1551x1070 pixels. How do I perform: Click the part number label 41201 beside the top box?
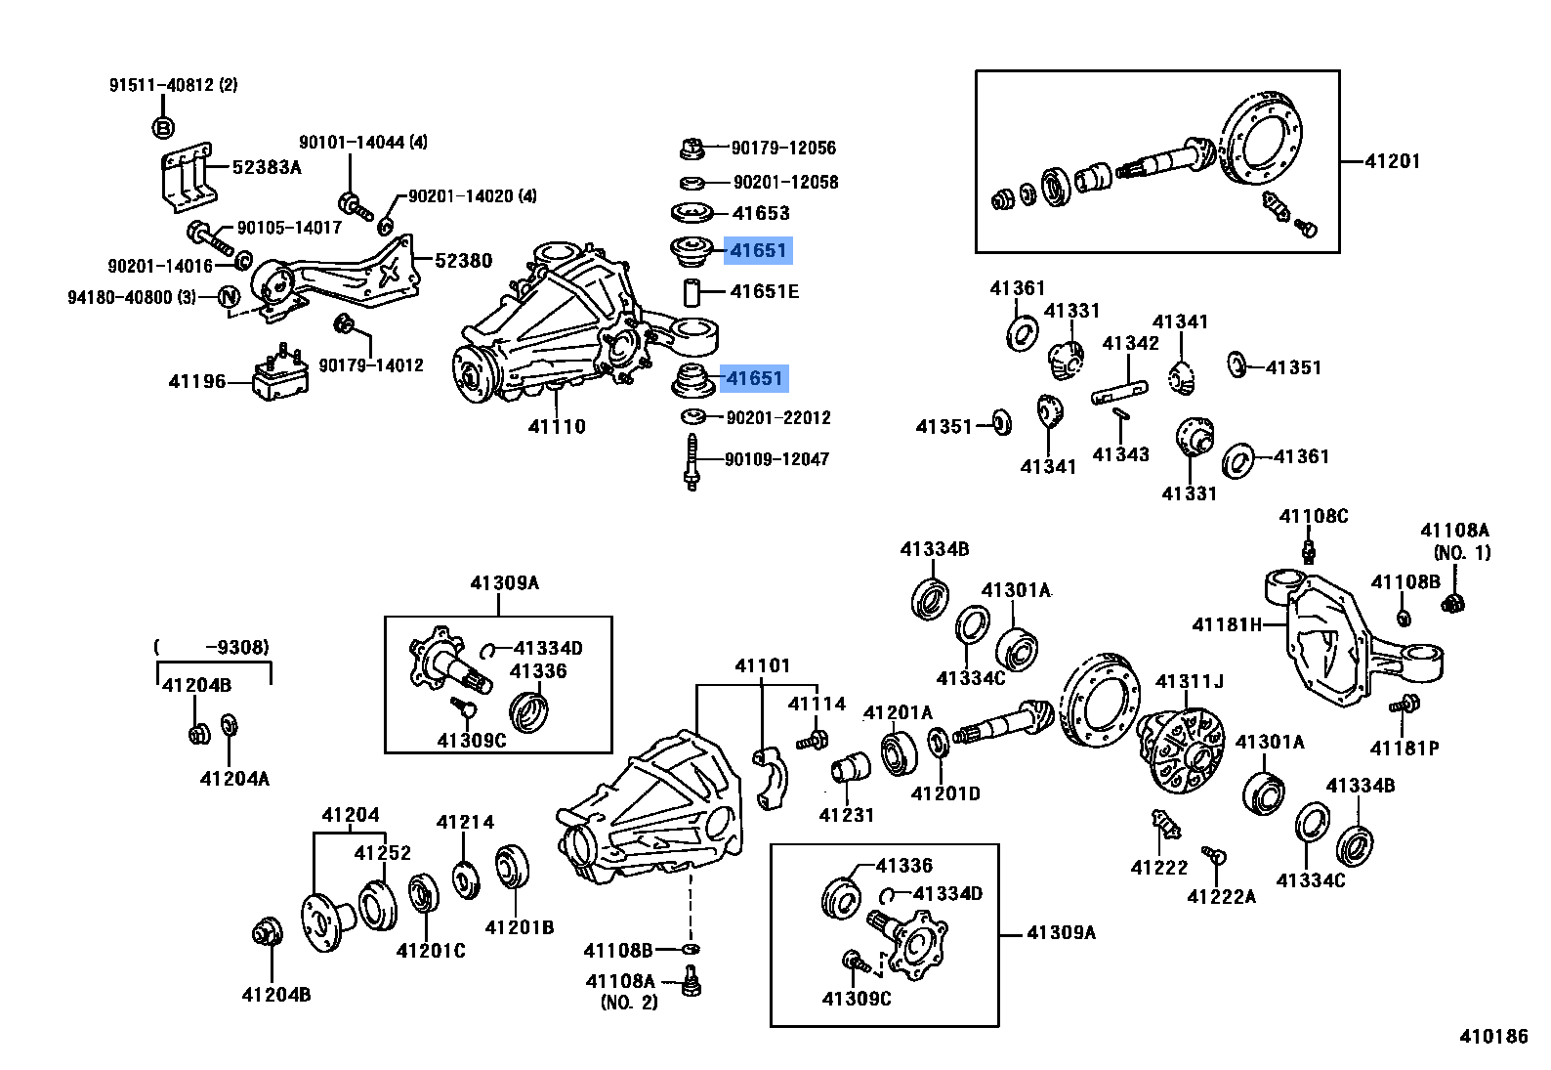[1392, 161]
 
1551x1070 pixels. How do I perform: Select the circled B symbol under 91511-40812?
[164, 128]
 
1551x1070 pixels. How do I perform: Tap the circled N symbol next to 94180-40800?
[228, 297]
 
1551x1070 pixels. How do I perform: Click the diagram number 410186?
[1493, 1037]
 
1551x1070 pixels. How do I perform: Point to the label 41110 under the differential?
[557, 426]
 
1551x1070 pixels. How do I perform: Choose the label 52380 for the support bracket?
[463, 261]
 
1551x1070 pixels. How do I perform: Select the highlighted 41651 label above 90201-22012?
[754, 378]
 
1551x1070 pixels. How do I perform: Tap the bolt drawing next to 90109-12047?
[692, 462]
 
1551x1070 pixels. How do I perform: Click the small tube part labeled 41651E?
[692, 292]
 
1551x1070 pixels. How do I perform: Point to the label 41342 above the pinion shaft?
[1130, 343]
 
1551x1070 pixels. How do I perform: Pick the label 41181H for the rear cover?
[1227, 624]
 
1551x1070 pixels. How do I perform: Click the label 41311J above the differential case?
[1189, 681]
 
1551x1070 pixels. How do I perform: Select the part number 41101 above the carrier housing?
[762, 665]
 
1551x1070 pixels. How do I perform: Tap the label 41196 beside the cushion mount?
[196, 381]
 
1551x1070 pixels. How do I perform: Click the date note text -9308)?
[236, 647]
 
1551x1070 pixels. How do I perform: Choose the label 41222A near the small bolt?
[1221, 897]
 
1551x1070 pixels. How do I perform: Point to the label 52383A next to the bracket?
[267, 167]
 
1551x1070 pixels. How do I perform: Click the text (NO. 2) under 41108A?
[629, 1003]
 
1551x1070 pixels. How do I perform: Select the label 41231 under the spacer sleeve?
[846, 815]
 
